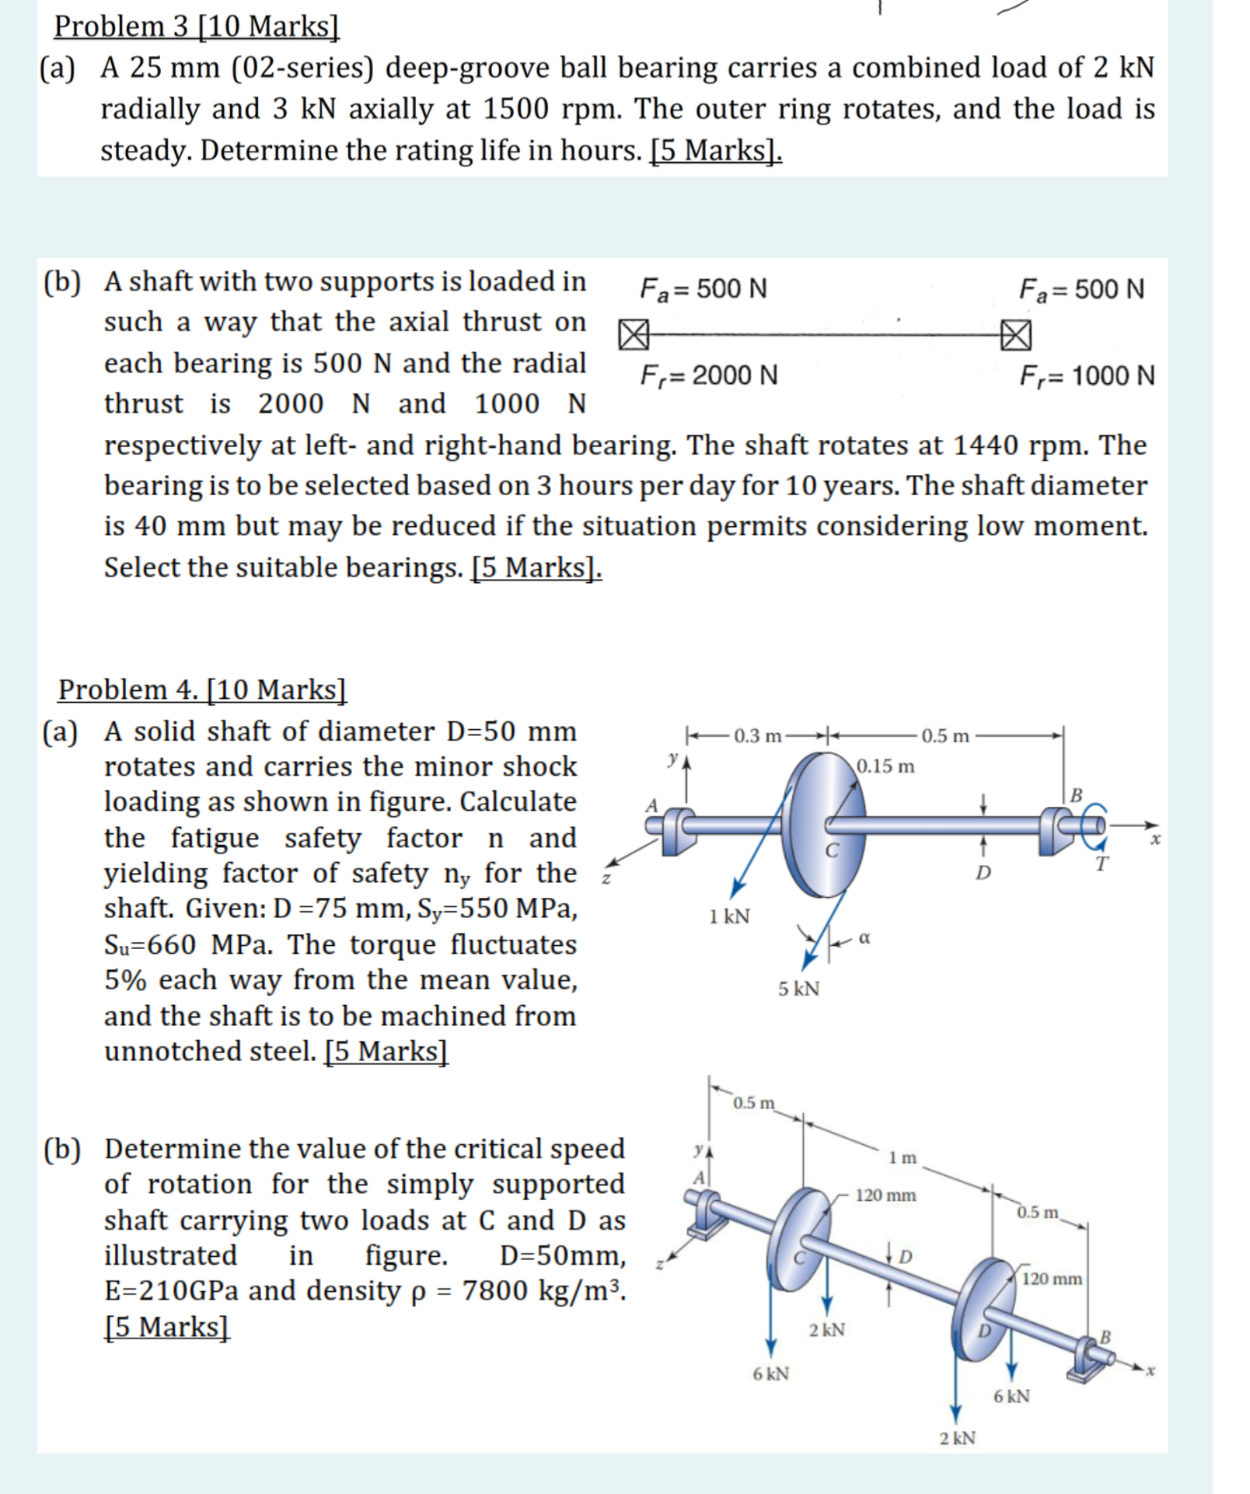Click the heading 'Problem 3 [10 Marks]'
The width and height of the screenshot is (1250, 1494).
pos(197,26)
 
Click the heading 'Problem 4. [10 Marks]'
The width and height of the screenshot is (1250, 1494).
pos(202,689)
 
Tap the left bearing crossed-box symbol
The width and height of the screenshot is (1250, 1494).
pos(633,335)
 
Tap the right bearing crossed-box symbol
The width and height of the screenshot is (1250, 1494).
pos(1016,335)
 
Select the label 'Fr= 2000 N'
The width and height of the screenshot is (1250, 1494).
pos(708,375)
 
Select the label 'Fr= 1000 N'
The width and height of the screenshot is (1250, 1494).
pos(1087,376)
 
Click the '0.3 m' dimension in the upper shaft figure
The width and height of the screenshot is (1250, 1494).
pos(756,735)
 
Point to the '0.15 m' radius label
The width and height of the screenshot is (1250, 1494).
pos(885,766)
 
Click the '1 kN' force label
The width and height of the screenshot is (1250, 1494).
pos(729,916)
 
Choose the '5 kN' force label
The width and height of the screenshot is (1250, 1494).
pos(799,989)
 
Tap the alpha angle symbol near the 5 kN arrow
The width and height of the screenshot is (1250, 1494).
pos(864,938)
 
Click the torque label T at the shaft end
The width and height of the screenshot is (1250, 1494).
pos(1101,864)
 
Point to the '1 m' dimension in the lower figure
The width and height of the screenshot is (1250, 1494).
pos(903,1158)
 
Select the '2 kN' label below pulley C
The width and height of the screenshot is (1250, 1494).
pos(826,1330)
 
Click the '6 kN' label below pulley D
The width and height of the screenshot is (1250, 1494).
pos(1011,1396)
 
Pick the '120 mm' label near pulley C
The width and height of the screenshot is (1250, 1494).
pos(885,1196)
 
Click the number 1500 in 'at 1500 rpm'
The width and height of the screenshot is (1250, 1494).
pos(516,109)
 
